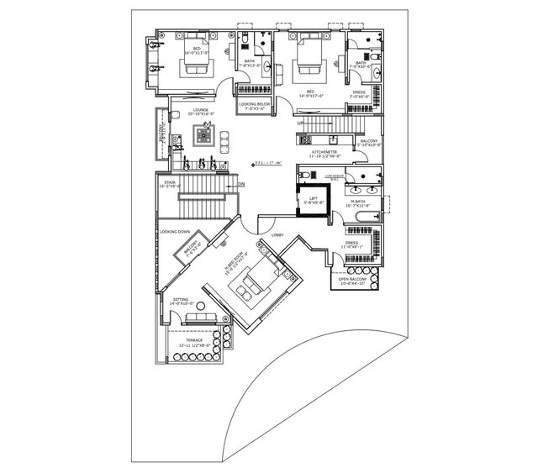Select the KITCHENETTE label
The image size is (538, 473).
(x=323, y=153)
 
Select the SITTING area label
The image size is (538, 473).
(x=181, y=299)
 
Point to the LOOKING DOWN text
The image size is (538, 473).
(x=175, y=230)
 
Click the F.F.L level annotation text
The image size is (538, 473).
(x=269, y=164)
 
